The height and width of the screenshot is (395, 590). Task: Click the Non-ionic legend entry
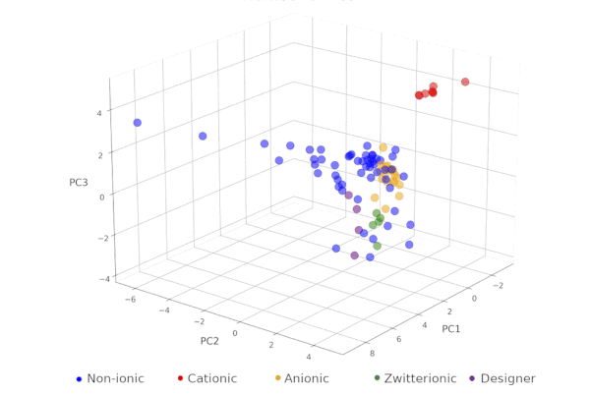(x=115, y=378)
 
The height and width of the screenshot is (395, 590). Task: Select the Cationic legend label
(x=211, y=378)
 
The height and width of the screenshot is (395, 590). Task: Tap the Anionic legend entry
(x=306, y=378)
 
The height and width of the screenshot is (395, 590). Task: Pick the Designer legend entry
(x=507, y=378)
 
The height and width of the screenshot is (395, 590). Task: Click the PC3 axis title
(x=79, y=183)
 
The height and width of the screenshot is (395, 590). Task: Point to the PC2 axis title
(x=209, y=341)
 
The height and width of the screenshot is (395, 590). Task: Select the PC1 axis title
(x=452, y=327)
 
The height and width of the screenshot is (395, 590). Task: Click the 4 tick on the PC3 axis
(x=98, y=112)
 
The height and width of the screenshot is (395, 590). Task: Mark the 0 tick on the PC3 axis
(x=100, y=197)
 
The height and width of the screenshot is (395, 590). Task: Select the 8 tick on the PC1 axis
(x=370, y=352)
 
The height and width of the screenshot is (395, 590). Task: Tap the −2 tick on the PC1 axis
(x=500, y=285)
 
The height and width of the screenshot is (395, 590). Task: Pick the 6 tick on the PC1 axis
(x=398, y=339)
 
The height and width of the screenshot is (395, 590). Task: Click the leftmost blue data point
(x=138, y=123)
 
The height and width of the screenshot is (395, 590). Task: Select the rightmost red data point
(x=465, y=82)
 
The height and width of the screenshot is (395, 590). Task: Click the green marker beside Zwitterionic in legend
(x=377, y=378)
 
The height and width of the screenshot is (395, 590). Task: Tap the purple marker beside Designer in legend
(x=472, y=378)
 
